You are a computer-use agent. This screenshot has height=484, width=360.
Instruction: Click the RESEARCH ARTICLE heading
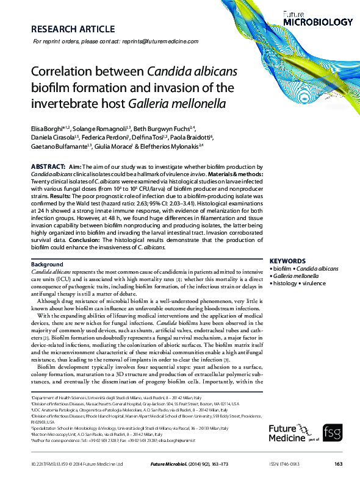click(72, 29)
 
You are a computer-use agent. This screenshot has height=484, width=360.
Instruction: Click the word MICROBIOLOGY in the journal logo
click(318, 22)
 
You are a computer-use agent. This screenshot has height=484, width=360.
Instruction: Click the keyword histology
click(284, 283)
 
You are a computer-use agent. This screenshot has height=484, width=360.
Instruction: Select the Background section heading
click(47, 264)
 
